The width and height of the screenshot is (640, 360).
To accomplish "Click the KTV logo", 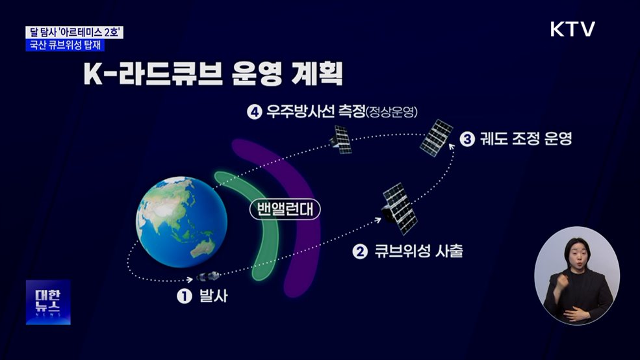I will point(572,29).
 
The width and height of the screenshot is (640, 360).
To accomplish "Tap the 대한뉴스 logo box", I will point(47,302).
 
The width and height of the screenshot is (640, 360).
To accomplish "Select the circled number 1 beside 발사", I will point(185,296).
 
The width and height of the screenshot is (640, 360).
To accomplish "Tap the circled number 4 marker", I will point(253,112).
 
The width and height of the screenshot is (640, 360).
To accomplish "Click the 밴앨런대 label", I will point(286,209).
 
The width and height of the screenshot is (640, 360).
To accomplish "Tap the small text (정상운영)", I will point(392,113).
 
